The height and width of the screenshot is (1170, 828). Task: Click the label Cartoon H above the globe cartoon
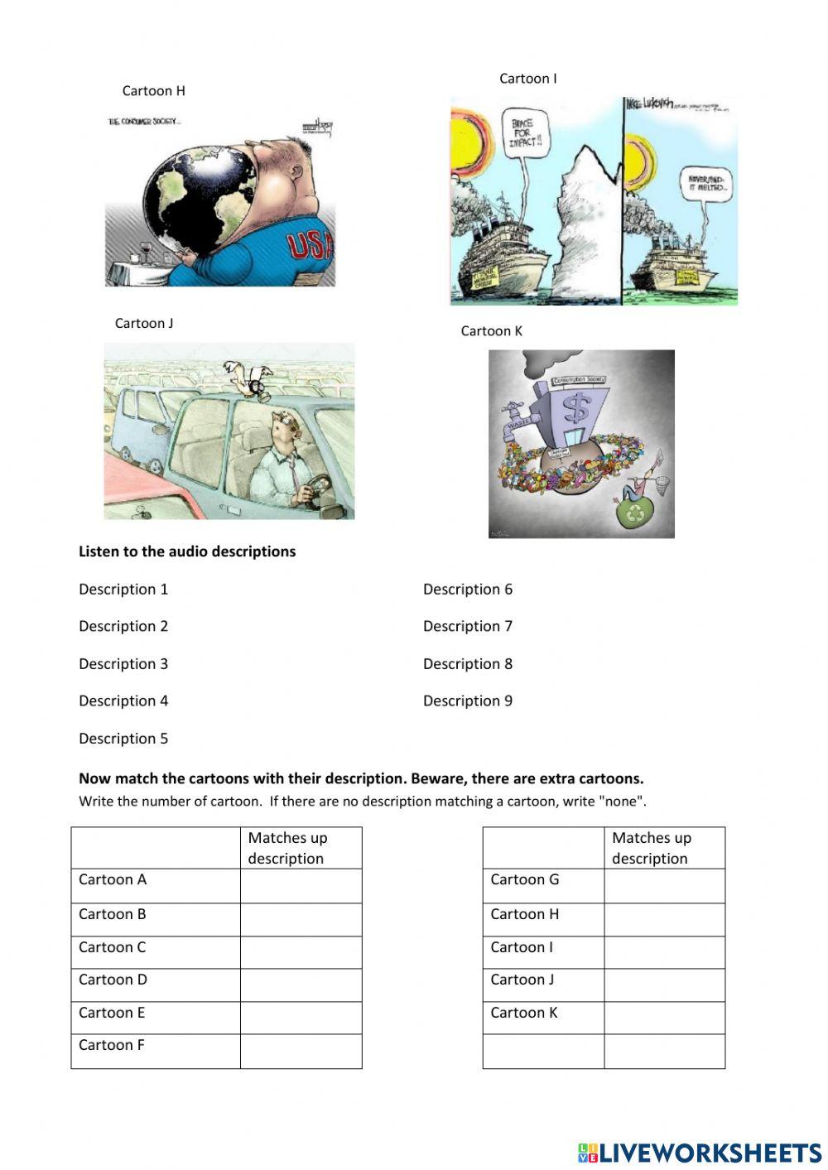[x=153, y=91]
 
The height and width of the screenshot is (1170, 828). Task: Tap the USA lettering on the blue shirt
[x=310, y=245]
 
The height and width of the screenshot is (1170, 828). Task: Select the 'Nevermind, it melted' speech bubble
[x=705, y=183]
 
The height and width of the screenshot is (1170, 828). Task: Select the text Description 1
[x=123, y=590]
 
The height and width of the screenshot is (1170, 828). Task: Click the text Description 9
[x=468, y=701]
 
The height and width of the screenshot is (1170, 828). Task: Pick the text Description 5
[x=123, y=739]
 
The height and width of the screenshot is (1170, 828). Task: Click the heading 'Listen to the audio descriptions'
[x=187, y=551]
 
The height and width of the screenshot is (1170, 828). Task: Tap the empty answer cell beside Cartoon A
[x=301, y=885]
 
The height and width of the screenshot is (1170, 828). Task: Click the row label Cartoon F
[x=112, y=1046]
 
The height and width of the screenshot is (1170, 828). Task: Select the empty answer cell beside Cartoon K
[x=664, y=1018]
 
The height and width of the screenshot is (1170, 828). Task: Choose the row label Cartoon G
[x=525, y=880]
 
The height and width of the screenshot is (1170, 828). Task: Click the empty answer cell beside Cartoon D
[x=301, y=985]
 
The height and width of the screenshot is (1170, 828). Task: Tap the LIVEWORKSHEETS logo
[x=700, y=1153]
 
